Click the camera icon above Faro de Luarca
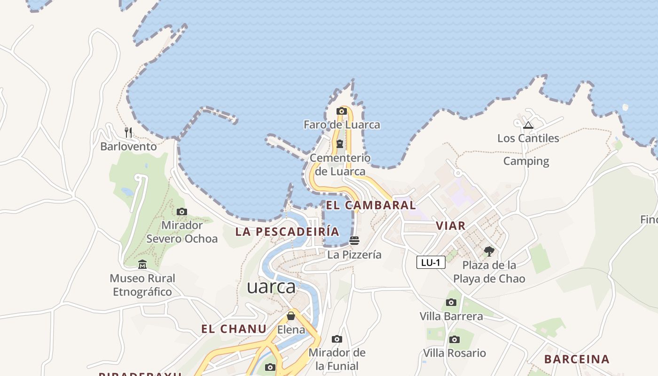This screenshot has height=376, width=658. coord(342,111)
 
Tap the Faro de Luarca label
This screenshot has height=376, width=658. coord(342,125)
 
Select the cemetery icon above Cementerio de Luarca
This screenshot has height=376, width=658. coord(339,144)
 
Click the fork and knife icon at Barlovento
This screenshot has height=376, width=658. coord(128,133)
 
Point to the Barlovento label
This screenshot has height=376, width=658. coord(128,147)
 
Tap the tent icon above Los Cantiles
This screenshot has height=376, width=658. coord(528,125)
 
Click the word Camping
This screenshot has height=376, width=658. coord(526,161)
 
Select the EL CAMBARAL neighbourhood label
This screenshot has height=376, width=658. coord(371,205)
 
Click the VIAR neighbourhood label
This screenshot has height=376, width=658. coord(450,226)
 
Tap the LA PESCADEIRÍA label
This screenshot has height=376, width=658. coord(287,232)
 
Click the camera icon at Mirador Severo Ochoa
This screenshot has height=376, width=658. coord(182,212)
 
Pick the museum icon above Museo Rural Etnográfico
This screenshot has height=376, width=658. coord(142,265)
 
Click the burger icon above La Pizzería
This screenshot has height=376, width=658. coord(354,241)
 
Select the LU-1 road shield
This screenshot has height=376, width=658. coord(431,262)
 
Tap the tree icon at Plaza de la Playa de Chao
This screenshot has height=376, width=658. coord(489,251)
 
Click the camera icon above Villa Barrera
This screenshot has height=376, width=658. coord(451,302)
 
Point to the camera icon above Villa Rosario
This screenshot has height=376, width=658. coord(454,339)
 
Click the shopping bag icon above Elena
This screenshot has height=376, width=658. coord(291,316)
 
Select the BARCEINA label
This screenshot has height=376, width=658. coord(577,360)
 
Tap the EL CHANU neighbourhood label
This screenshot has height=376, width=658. coord(234,329)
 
